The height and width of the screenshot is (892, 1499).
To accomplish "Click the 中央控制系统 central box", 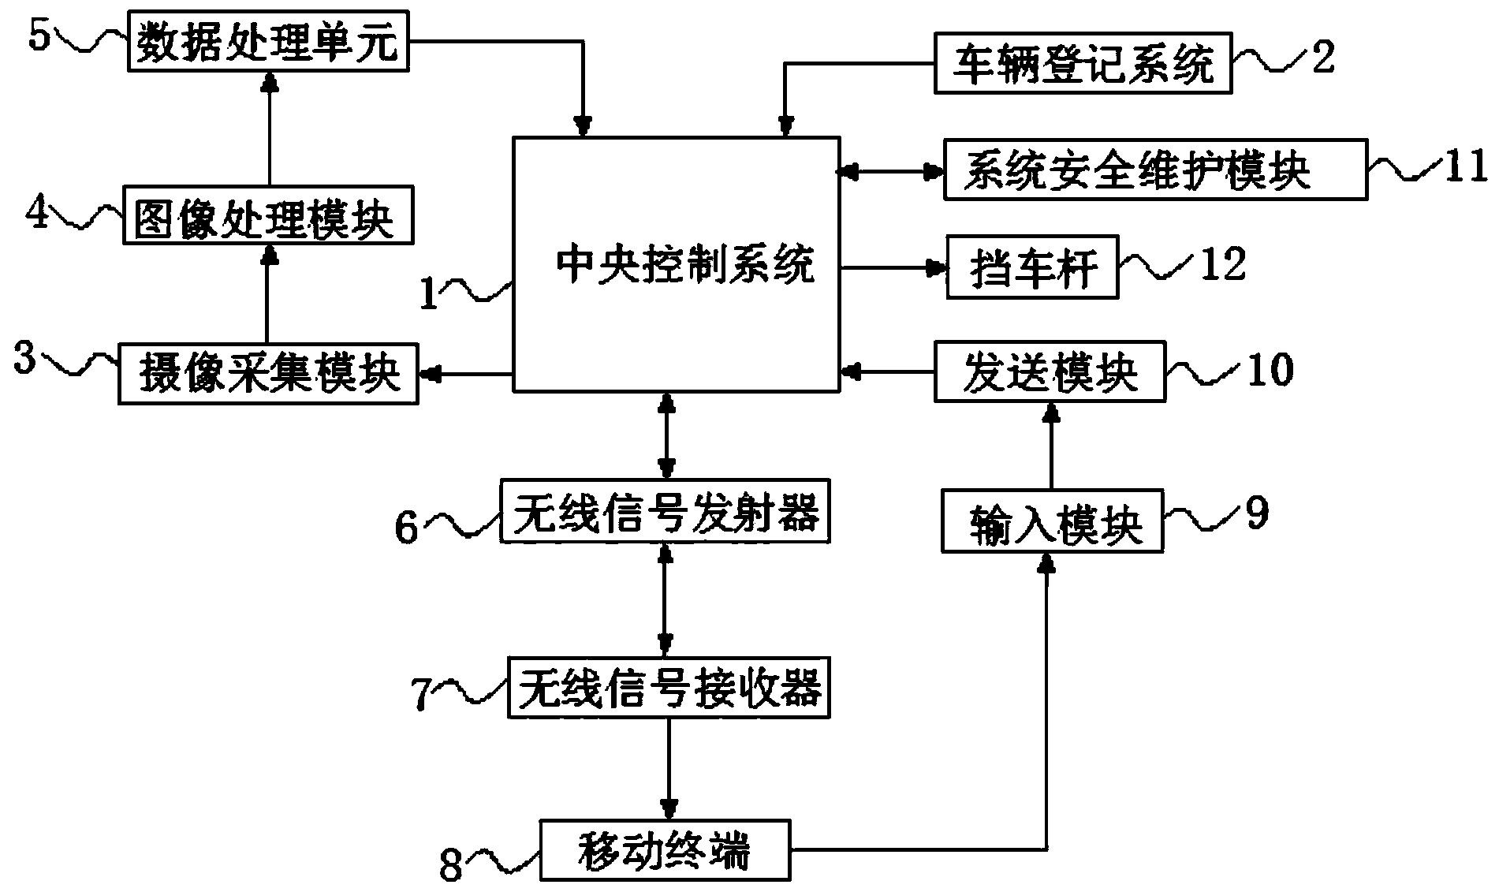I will [676, 264].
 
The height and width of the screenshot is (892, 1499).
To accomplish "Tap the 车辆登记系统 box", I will [1083, 63].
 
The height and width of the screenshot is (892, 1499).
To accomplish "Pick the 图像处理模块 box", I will [268, 215].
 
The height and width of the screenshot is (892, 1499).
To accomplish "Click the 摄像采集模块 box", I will [268, 373].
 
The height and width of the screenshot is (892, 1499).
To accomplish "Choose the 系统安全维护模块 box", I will [1155, 170].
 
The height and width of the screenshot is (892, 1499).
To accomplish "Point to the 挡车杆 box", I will [1031, 267].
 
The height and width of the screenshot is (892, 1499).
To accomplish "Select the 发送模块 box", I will [1050, 371].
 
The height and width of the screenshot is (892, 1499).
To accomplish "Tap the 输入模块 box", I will [1053, 521].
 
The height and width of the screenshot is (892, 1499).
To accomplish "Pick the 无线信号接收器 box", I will [669, 688].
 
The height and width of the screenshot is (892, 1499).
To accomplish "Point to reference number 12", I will [1222, 264].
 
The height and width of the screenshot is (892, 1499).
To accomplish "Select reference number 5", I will [39, 35].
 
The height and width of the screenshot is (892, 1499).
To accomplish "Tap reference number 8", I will [450, 866].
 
